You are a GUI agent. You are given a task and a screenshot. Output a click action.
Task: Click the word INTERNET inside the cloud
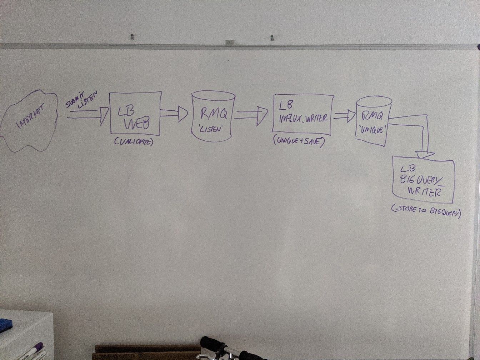(29, 120)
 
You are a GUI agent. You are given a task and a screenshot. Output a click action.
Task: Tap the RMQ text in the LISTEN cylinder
(213, 114)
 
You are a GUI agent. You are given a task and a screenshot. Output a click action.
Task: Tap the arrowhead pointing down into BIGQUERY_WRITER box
(425, 155)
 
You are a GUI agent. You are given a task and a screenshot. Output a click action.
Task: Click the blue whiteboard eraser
(6, 325)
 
